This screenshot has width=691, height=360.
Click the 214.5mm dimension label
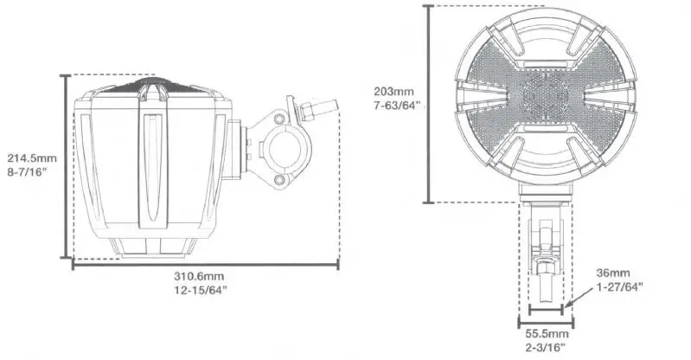31,158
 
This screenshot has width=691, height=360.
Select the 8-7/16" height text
29,172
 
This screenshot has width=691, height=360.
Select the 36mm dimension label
615,273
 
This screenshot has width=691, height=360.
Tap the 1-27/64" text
619,286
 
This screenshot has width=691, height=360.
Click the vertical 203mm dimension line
429,104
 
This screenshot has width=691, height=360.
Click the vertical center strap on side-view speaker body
150,160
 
